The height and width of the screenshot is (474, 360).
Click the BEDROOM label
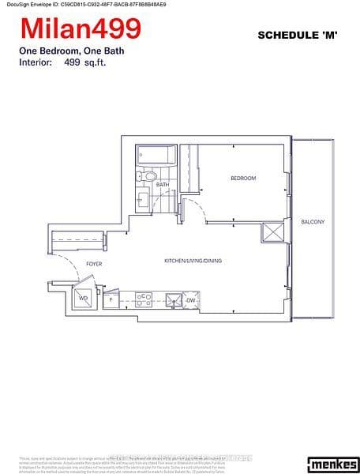(243, 179)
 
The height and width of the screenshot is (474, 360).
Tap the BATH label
(162, 185)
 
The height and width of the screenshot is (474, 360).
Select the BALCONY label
(313, 222)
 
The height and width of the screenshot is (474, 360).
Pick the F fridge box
(111, 300)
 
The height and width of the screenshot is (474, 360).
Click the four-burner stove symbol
(144, 299)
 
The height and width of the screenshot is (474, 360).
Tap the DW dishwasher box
(191, 300)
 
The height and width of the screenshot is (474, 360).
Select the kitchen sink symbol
(171, 300)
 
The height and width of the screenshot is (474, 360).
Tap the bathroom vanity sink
(144, 197)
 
